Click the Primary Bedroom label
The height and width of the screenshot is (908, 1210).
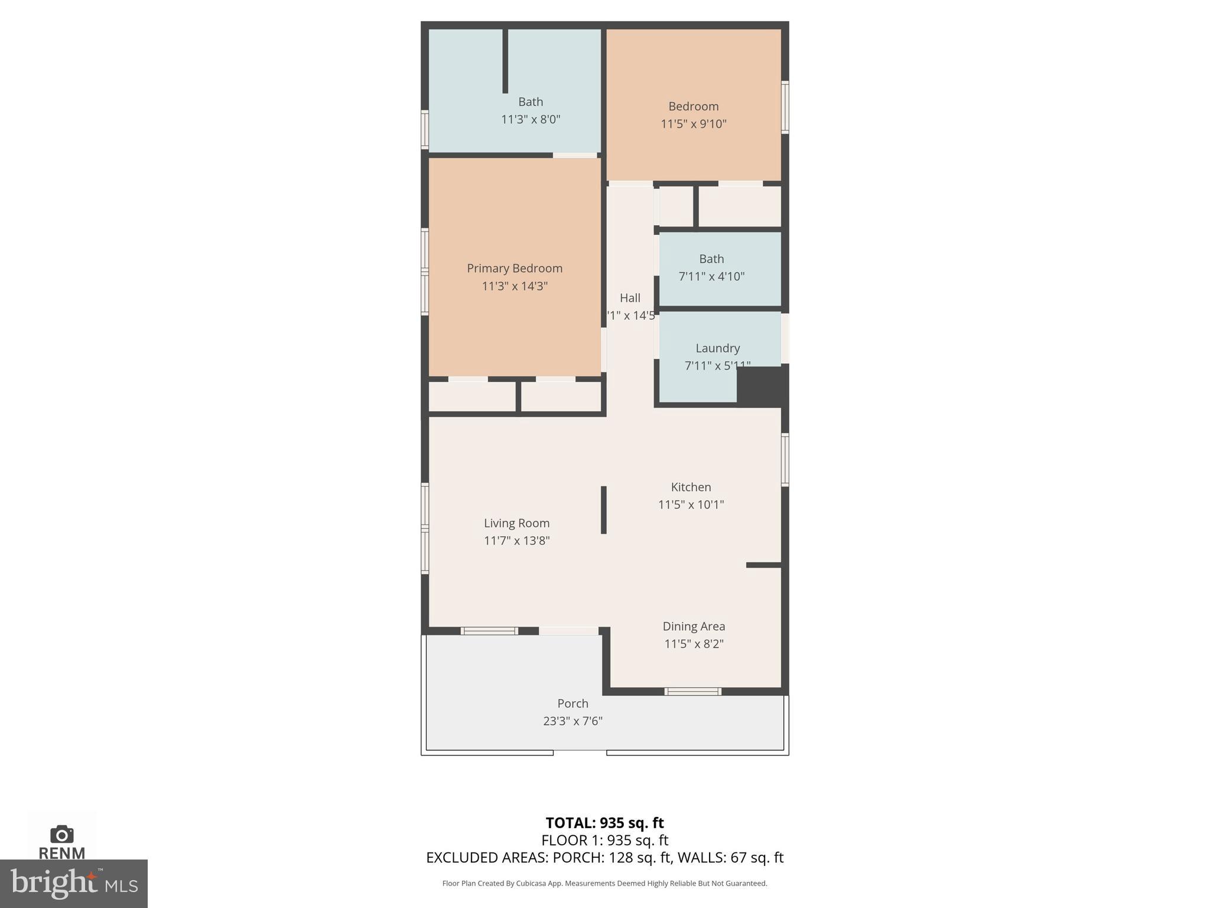point(514,268)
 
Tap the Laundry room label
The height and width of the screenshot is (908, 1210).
point(717,348)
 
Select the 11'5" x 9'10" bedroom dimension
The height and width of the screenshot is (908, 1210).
point(693,124)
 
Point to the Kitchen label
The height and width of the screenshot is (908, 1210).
point(691,487)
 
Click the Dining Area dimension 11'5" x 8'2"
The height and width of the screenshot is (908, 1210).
point(694,644)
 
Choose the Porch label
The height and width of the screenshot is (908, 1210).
point(573,703)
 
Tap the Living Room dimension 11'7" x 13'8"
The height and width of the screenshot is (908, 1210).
point(516,541)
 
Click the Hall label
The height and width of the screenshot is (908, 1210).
point(630,298)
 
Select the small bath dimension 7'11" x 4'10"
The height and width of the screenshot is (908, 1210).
point(711,277)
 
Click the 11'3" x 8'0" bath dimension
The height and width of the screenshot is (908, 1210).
point(530,119)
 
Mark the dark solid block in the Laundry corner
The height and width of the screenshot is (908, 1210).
point(762,385)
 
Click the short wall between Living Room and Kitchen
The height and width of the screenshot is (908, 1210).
point(603,510)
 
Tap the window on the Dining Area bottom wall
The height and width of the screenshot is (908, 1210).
point(692,691)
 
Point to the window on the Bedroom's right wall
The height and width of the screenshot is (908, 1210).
point(785,107)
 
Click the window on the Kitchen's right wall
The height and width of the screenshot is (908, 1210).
point(785,460)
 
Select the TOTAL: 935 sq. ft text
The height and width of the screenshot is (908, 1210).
point(604,823)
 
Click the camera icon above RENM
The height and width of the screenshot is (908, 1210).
point(61,834)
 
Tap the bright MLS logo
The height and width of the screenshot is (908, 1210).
point(73,883)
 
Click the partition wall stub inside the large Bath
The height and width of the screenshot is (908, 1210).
point(505,61)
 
